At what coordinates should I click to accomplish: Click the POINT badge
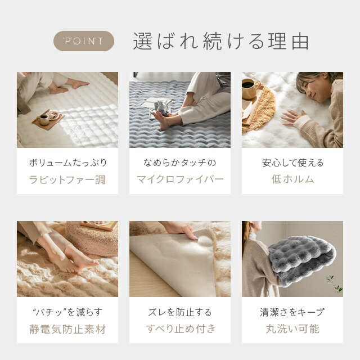click(84, 41)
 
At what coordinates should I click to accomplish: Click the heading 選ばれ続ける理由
click(221, 41)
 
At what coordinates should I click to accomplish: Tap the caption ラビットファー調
click(67, 179)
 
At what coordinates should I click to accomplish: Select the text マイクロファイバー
click(180, 179)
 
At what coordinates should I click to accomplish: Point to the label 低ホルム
click(292, 179)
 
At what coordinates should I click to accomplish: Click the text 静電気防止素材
click(67, 329)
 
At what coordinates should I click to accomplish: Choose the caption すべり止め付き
click(181, 328)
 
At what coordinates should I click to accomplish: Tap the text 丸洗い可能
click(292, 328)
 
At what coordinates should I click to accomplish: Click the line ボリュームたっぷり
click(68, 163)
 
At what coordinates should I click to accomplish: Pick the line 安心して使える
click(292, 163)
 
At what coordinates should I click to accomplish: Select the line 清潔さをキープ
click(292, 312)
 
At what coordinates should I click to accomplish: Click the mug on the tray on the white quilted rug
click(43, 120)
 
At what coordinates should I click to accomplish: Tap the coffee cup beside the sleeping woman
click(250, 89)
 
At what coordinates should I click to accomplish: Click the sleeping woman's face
click(313, 90)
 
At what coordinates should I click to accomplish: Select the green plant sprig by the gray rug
click(334, 284)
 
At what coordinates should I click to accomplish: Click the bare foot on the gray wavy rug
click(163, 119)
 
